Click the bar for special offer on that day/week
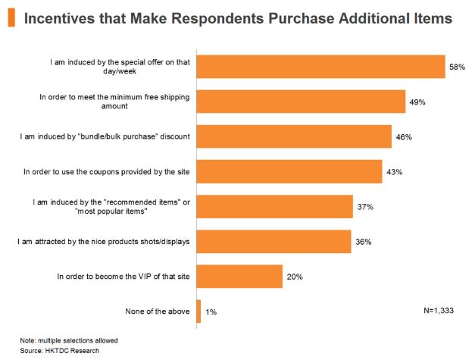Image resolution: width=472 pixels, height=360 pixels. pos(320,67)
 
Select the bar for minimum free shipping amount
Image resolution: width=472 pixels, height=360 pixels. pos(300,102)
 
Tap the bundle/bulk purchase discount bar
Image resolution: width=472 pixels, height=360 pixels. pos(294,136)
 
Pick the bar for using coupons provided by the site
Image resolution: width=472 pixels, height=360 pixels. pos(289,171)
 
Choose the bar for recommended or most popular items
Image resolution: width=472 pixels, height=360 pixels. pos(274,207)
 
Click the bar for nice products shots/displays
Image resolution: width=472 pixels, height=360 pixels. pos(274,242)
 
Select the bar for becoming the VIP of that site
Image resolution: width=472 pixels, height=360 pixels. pos(239,277)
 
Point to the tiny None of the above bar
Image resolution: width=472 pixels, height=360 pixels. pos(198,311)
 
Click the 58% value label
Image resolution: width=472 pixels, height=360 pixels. pos(456,67)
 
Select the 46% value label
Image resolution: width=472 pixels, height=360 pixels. pos(403,137)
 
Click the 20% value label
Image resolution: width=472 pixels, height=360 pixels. pos(295,277)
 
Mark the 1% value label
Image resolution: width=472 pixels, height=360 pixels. pos(211,312)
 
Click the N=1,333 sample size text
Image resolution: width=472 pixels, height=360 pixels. pos(439,311)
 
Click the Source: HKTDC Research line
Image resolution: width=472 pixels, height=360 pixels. pos(59,350)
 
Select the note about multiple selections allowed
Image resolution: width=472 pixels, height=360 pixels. pos(69,340)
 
